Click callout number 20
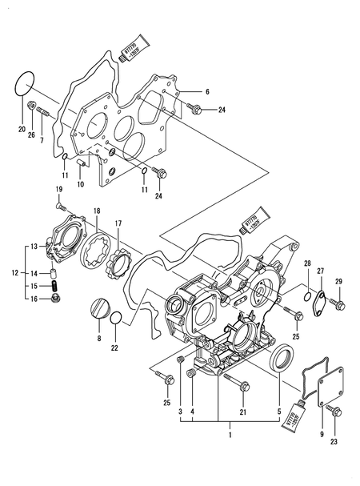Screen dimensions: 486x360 click(21, 128)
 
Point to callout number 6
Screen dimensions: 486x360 click(206, 92)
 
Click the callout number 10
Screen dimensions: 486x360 click(80, 184)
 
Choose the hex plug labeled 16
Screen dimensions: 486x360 click(56, 299)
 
